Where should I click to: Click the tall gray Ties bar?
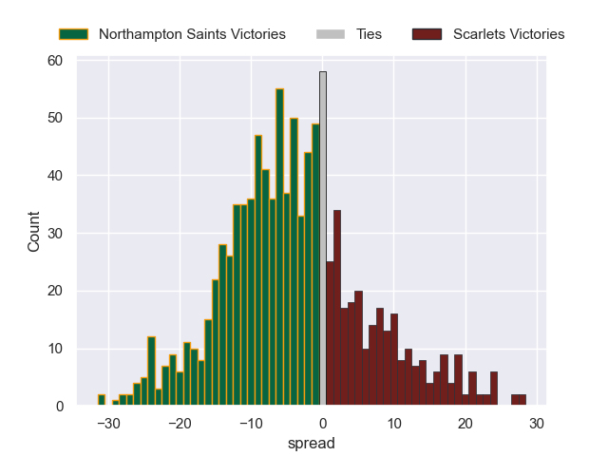(323, 237)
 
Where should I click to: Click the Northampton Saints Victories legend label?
(192, 34)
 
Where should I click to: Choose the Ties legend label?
(369, 34)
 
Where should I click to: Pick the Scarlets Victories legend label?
(509, 34)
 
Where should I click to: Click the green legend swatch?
(73, 34)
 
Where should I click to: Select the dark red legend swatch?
(427, 34)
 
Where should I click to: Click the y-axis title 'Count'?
(34, 233)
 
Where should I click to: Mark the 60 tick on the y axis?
(55, 61)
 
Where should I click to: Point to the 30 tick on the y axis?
(55, 234)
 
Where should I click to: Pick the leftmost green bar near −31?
(102, 400)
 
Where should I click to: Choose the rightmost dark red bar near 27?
(519, 400)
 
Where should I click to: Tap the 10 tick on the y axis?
(55, 349)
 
